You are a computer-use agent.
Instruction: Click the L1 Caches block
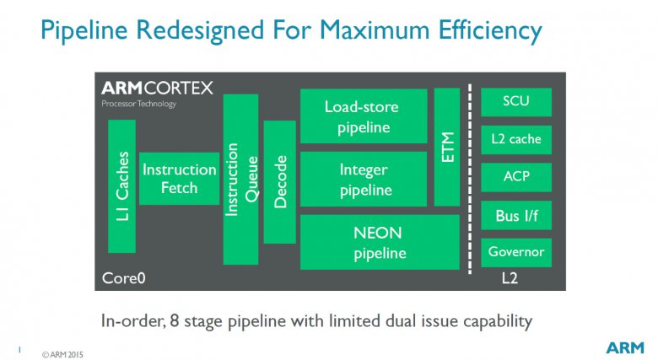tap(121, 186)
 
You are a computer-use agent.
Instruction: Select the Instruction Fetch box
tap(179, 179)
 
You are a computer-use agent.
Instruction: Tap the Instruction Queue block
tap(240, 180)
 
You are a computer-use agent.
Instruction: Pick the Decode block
tap(279, 182)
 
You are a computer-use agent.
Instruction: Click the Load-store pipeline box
tap(364, 116)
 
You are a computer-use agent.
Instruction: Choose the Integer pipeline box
tap(364, 180)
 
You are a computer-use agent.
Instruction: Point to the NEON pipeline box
tap(380, 242)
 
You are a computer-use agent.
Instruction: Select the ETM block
tap(447, 148)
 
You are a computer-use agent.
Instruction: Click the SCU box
tap(516, 102)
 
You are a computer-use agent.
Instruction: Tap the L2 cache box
tap(516, 140)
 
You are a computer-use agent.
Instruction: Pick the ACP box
tap(516, 178)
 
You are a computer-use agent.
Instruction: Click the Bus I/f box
tap(516, 215)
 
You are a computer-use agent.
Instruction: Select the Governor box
tap(516, 253)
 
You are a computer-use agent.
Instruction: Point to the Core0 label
tap(123, 278)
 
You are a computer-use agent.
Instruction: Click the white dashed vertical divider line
tap(470, 180)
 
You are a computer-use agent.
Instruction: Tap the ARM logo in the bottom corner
tap(625, 348)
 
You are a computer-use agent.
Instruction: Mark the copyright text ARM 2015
tap(62, 355)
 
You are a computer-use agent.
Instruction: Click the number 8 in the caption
tap(175, 321)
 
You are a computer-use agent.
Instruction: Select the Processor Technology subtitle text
tap(139, 104)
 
